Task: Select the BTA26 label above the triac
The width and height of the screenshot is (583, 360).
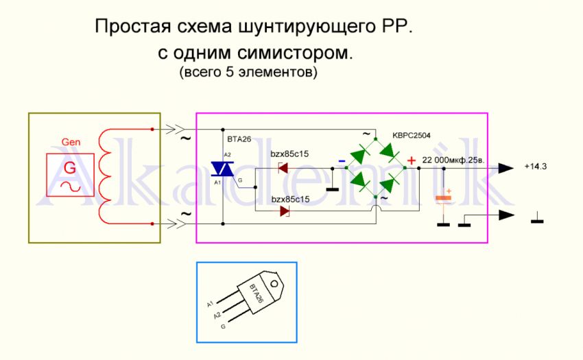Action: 239,138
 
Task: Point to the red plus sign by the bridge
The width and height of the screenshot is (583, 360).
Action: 412,161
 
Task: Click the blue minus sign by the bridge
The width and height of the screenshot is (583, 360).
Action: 342,162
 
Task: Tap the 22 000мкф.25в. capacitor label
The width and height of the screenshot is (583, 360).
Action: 454,160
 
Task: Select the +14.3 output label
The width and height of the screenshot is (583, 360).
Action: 535,167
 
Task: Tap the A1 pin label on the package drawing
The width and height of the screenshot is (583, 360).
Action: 211,302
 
